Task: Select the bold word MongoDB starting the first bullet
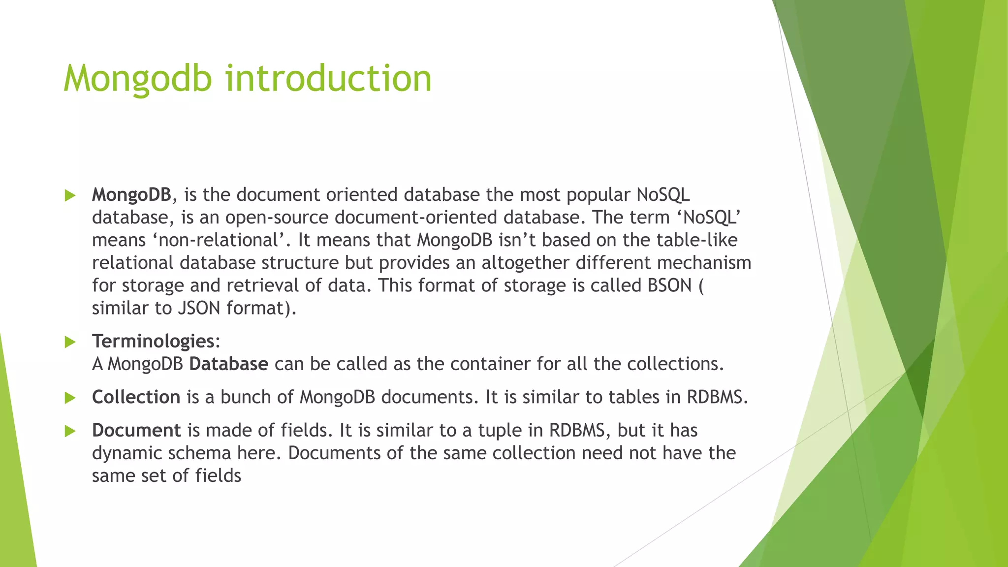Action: click(x=131, y=195)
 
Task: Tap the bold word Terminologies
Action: click(x=153, y=341)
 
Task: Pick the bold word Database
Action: click(x=229, y=364)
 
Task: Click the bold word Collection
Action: click(x=136, y=397)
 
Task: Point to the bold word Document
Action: click(x=136, y=431)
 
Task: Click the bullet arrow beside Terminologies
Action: click(x=70, y=342)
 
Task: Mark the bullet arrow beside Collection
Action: click(x=70, y=398)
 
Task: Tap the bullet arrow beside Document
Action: click(x=70, y=432)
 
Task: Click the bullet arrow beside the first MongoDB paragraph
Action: click(x=70, y=196)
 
